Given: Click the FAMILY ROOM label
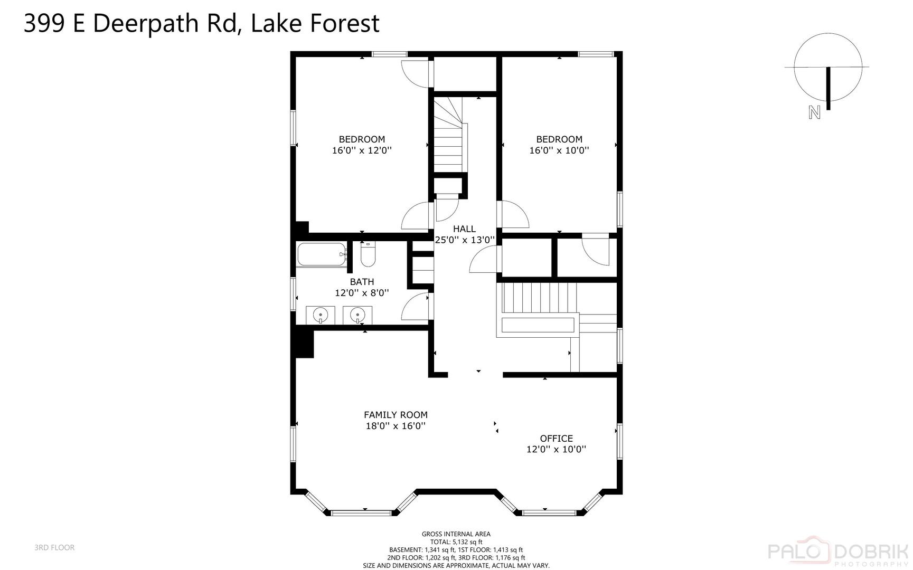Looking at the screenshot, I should click(396, 415).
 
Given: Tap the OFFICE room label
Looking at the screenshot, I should click(556, 439).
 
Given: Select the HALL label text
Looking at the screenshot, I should click(464, 229).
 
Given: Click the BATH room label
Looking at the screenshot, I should click(362, 282).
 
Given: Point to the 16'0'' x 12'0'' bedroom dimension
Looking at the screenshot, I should click(362, 150).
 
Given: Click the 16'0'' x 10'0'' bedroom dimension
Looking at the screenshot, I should click(559, 150).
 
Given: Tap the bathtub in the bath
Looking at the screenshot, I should click(321, 254).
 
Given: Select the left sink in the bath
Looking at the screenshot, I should click(321, 316).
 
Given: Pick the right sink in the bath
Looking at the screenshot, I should click(357, 316).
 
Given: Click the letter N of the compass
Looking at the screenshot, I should click(814, 112).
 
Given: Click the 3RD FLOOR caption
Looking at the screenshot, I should click(54, 548).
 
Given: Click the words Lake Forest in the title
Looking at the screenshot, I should click(315, 24).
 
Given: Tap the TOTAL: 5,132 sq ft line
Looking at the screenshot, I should click(456, 542).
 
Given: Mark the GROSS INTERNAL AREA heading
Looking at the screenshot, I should click(456, 534).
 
